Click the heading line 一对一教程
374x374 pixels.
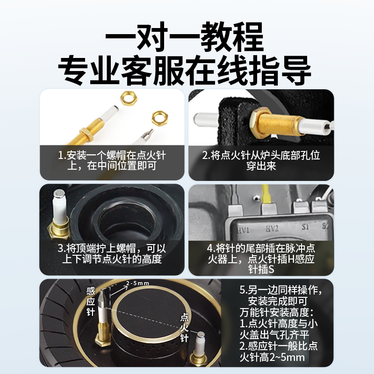click(184, 37)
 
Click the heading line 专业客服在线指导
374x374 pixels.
click(184, 71)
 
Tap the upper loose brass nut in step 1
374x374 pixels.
click(129, 98)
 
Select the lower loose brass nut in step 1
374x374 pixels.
click(159, 118)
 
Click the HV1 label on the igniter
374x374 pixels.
click(243, 230)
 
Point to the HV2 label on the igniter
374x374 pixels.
click(272, 228)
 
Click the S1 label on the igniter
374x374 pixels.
click(305, 226)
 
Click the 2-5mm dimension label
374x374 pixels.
click(137, 283)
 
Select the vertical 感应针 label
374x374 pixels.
click(91, 302)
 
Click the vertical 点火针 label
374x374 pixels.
click(184, 328)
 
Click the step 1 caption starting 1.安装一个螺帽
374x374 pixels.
click(112, 160)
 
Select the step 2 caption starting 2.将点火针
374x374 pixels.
click(261, 160)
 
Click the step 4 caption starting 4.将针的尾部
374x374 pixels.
click(261, 259)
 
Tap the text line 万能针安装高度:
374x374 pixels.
click(277, 312)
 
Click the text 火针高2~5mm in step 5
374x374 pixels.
click(272, 358)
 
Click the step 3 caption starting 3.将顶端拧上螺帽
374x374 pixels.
click(112, 253)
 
